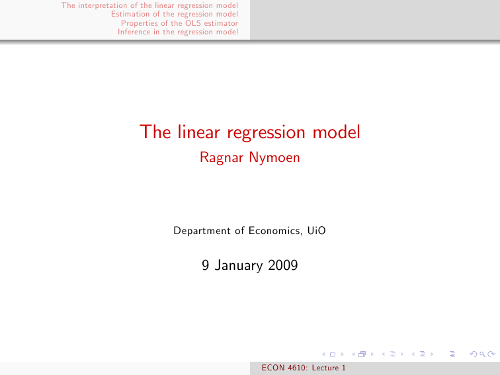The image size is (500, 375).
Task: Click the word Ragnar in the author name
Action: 222,158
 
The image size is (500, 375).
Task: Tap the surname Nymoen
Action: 274,157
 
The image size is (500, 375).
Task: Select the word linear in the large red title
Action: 198,132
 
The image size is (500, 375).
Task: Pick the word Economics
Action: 275,231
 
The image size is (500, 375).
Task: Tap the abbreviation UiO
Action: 316,231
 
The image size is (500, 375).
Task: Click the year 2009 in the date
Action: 283,265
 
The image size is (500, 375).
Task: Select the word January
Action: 239,266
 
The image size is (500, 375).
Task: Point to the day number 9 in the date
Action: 205,265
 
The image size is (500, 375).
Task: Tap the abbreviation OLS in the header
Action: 193,23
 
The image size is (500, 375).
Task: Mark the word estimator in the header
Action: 221,23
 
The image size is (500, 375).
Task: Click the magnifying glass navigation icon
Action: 482,354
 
